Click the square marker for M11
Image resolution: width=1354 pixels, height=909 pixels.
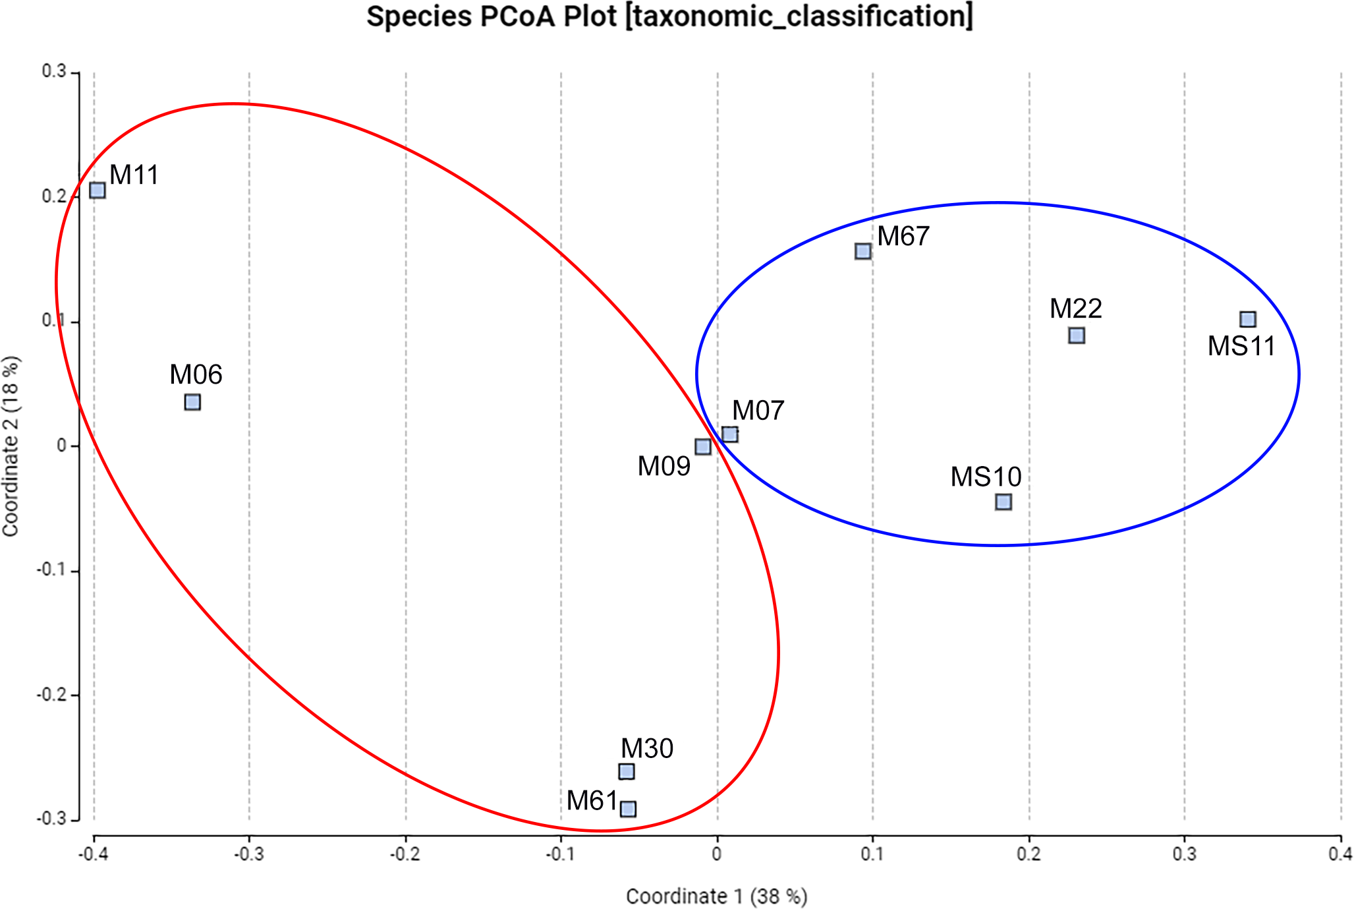point(98,191)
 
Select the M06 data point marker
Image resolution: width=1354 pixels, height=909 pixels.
point(192,402)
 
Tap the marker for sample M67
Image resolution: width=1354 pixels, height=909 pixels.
point(863,251)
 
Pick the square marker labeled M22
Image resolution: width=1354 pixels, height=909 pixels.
point(1077,336)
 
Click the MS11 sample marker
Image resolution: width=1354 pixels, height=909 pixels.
point(1248,320)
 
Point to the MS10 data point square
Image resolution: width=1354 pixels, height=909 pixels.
point(1003,502)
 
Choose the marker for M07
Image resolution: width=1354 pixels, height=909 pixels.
point(730,434)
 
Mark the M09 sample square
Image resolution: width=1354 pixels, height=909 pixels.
point(703,447)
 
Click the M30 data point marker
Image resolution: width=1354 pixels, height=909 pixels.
point(627,771)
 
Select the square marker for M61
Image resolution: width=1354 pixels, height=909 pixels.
point(629,809)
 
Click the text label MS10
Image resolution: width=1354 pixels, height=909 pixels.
point(986,477)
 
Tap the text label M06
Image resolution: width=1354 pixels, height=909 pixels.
point(196,374)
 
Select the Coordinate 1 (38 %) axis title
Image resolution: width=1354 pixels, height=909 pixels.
point(716,896)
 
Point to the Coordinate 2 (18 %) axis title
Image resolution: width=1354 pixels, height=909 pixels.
point(11,446)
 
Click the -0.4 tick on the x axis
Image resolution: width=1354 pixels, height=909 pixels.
point(93,854)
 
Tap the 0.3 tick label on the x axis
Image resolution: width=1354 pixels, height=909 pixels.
point(1184,854)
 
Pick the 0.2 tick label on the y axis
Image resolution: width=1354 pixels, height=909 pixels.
point(54,196)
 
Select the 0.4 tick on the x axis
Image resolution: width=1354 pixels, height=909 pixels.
point(1340,854)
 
